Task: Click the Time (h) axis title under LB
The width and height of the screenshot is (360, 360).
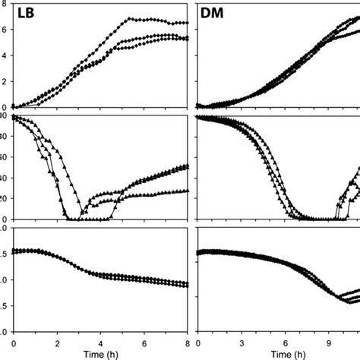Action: [100, 353]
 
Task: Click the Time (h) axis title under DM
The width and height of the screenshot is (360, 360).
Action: [286, 353]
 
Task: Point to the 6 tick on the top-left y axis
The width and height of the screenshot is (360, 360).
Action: [4, 29]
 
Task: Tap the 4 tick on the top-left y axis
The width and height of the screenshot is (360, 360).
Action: [4, 55]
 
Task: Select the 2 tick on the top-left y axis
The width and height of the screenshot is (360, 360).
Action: [4, 81]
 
